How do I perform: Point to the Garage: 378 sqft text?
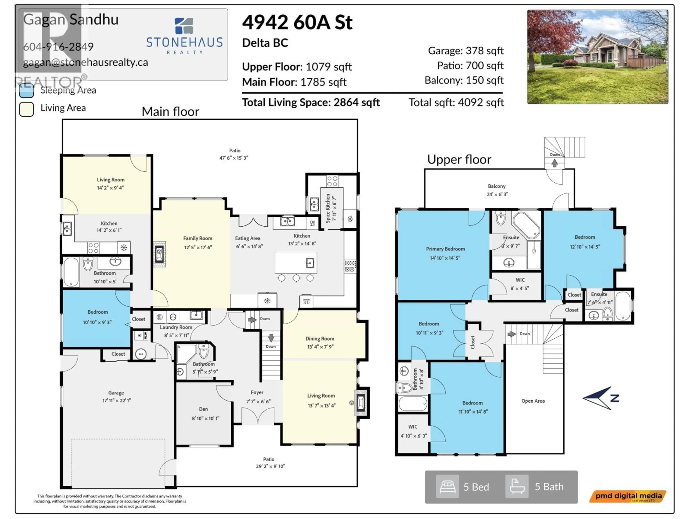tap(466, 51)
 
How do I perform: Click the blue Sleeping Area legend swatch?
tap(27, 90)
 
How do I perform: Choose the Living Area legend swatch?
tap(27, 109)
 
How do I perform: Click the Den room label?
tap(203, 409)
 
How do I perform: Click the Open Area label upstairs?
tap(533, 401)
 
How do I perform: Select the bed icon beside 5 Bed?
tap(447, 487)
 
